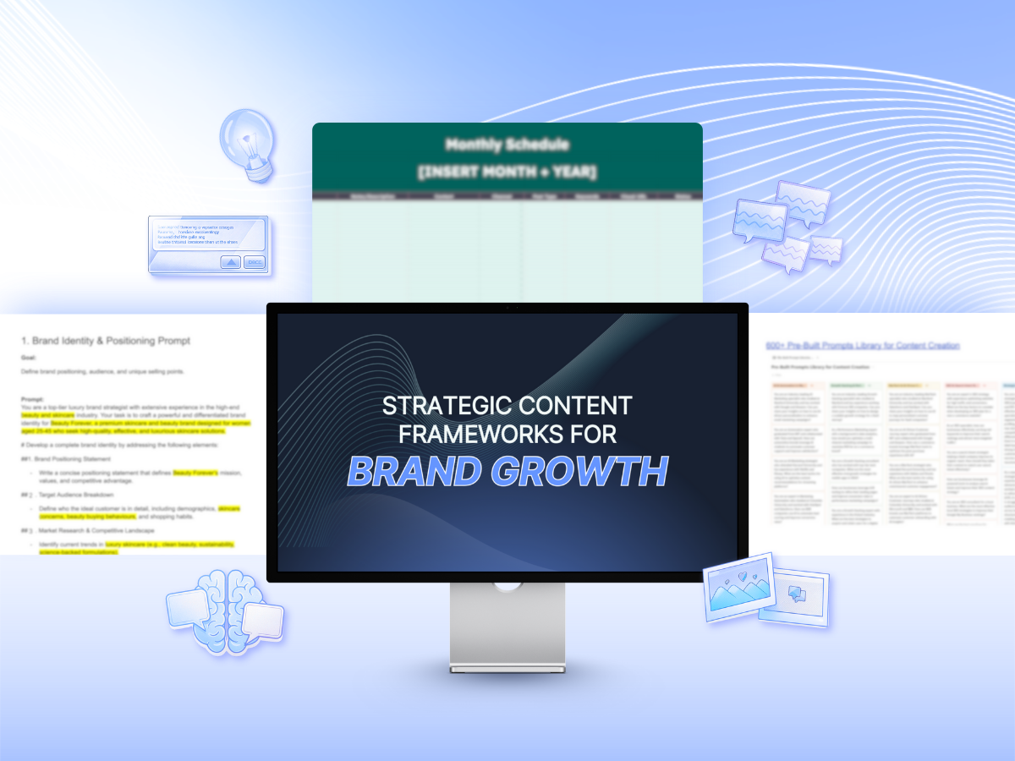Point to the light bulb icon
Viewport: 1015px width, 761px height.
pos(244,142)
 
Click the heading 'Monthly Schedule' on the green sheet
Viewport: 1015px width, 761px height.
pos(507,145)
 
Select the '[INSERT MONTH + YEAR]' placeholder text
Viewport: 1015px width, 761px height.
pos(507,173)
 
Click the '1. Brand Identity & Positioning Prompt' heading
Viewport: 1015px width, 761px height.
pos(106,341)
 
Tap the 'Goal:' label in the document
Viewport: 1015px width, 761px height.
pos(30,358)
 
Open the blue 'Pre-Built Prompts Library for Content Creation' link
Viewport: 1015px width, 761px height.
pos(863,345)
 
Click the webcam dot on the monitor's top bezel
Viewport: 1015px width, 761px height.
pos(507,308)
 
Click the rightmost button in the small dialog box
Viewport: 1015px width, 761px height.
pos(254,262)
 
